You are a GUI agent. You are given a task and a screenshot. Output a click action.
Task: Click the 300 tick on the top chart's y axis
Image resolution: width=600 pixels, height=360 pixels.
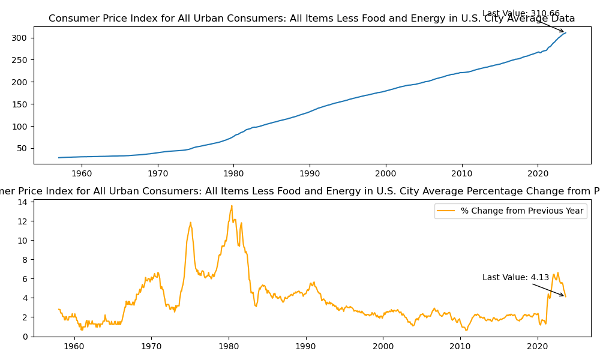click(x=23, y=38)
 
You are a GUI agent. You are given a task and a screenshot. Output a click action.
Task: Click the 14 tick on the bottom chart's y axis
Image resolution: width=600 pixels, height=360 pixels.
click(x=23, y=202)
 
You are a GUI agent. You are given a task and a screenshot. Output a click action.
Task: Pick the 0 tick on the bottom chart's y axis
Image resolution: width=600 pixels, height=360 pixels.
click(x=25, y=337)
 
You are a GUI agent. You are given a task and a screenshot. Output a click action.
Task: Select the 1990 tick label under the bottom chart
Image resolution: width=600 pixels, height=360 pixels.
click(x=306, y=346)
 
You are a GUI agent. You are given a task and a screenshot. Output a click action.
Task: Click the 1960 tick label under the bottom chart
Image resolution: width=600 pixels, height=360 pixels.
click(x=74, y=346)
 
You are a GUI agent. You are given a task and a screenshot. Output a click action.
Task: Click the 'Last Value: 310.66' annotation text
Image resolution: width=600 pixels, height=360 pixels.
click(x=521, y=13)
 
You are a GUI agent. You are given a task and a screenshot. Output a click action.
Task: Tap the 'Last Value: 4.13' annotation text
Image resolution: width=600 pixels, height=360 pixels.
click(x=515, y=277)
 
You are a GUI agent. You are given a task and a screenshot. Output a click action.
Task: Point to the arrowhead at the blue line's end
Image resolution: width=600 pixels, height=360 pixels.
click(x=563, y=32)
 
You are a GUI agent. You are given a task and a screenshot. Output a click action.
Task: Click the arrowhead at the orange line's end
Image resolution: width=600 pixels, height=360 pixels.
click(x=563, y=295)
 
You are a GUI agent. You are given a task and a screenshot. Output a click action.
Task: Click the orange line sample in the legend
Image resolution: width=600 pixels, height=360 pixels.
click(x=446, y=211)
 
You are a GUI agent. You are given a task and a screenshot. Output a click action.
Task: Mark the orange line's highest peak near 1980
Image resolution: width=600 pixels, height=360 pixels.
click(x=232, y=206)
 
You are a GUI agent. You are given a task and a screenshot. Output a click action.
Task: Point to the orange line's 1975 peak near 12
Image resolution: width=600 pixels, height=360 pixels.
click(x=191, y=223)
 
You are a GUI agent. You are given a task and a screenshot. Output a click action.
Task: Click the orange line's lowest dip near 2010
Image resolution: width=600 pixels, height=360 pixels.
click(x=466, y=331)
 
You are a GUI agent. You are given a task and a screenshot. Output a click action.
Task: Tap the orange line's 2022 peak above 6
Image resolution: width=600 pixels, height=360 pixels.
click(x=557, y=272)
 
